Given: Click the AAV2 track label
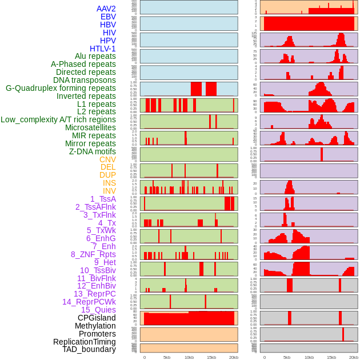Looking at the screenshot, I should coord(106,9).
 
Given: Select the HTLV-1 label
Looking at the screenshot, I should coord(103,49).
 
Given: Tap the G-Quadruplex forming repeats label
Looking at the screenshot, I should coord(61,88).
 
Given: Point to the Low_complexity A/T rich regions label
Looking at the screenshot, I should coord(58,119).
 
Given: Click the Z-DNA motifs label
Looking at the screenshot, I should coord(93,151).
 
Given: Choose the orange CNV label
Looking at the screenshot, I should coord(107,159).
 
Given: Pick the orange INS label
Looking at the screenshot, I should coord(109,183).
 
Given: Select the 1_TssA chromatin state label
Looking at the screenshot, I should coord(103,199).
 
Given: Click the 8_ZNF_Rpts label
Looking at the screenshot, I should coord(93,254).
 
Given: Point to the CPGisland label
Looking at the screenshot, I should coord(97,318).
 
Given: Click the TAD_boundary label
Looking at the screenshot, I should coord(89,349).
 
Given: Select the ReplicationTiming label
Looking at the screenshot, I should coord(85,342).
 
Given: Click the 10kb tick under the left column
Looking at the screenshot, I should coord(189,357).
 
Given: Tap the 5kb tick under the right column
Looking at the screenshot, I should coord(286,357).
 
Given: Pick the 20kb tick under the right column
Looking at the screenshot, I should coord(354,357).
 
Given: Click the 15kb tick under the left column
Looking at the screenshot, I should coord(211,357).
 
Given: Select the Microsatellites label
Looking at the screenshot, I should coord(90,127).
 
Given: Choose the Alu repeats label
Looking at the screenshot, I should coord(95,56).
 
